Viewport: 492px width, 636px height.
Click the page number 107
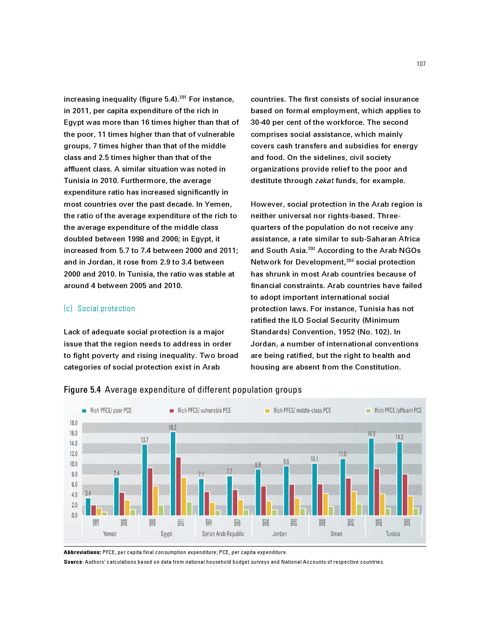421,64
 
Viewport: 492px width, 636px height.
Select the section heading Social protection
106,309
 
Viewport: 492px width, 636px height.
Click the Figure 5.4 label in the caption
82,390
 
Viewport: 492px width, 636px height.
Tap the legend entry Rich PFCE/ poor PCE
110,411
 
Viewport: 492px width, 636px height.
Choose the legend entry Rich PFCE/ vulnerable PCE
204,411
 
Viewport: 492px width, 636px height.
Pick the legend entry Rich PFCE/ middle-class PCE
302,411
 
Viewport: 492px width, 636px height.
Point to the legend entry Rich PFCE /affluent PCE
397,411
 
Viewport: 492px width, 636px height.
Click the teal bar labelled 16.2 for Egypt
173,473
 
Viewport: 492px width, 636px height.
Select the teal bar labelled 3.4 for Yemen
88,506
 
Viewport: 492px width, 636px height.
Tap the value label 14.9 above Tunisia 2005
371,434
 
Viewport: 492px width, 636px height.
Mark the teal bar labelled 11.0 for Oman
342,487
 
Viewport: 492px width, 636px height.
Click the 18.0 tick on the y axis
73,423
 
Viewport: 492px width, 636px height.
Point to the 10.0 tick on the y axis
73,464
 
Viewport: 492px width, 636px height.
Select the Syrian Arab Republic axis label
223,534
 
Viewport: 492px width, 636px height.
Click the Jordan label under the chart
279,534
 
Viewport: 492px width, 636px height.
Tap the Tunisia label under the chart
393,534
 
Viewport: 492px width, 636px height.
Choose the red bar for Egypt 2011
178,486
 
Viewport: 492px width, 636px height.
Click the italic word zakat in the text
324,181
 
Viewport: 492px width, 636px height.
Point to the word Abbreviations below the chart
82,553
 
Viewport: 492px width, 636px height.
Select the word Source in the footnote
73,562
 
